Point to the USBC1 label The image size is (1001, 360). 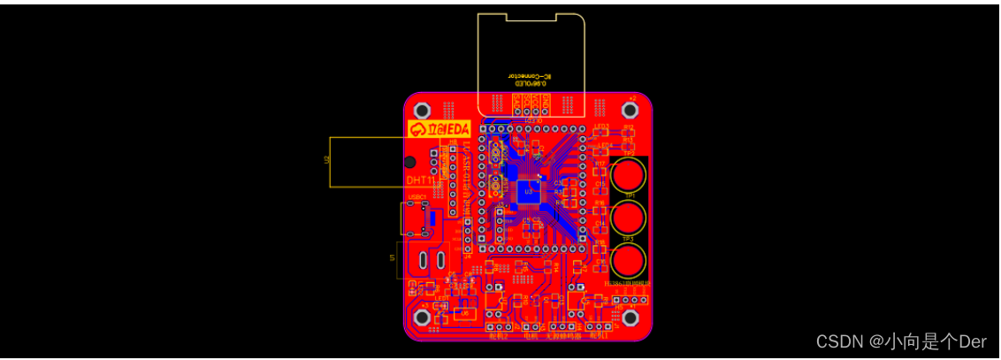point(417,196)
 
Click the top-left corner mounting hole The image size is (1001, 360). point(423,110)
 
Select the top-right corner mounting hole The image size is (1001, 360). point(630,110)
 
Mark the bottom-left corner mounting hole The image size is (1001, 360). point(423,317)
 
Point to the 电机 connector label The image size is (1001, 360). point(531,336)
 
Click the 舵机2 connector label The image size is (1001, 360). point(498,336)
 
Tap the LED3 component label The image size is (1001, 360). point(602,126)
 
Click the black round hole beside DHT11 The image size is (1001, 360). point(410,163)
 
